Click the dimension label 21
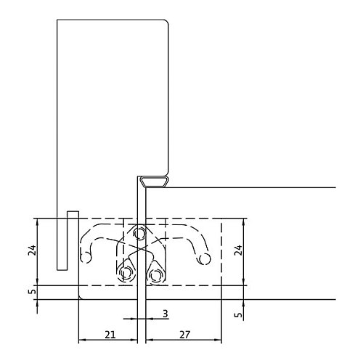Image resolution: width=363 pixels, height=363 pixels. click(110, 335)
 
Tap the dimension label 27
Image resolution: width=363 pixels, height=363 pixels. click(185, 335)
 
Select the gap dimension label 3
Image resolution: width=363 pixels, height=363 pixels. click(166, 314)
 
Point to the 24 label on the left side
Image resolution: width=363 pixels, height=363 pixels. click(32, 250)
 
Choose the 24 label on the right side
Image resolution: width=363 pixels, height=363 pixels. click(238, 250)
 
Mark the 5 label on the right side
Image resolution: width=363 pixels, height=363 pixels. click(239, 315)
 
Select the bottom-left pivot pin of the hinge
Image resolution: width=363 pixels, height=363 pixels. click(126, 274)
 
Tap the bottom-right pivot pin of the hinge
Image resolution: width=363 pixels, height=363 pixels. click(156, 274)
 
